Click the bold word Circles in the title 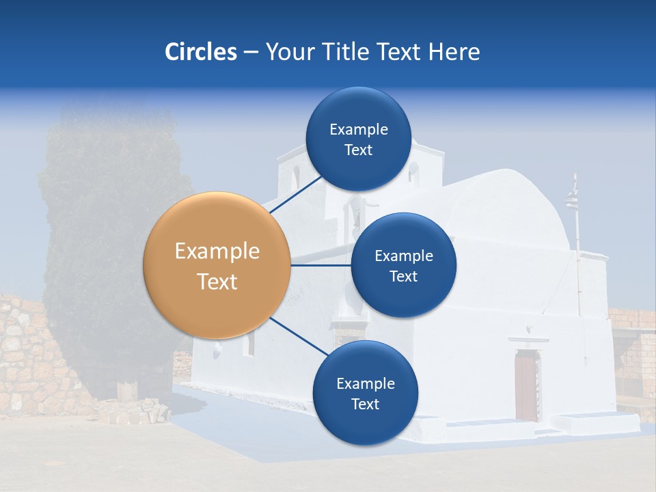click(x=200, y=52)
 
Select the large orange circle click(x=217, y=265)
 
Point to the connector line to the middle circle click(x=321, y=264)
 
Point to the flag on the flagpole click(x=571, y=200)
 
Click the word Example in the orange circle click(x=217, y=251)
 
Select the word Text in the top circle click(x=358, y=150)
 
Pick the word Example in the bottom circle click(x=365, y=383)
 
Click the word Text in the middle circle click(x=403, y=276)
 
